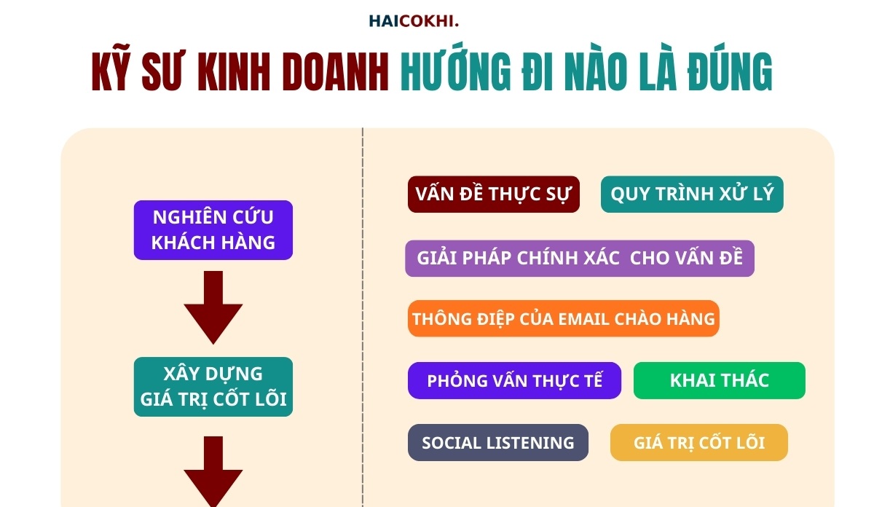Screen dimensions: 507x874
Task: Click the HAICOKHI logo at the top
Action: [x=414, y=21]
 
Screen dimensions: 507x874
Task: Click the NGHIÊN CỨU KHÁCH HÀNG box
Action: [x=213, y=230]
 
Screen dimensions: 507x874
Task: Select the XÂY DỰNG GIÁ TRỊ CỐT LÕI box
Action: [x=213, y=387]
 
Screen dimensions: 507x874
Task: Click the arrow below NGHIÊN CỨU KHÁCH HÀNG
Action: [x=213, y=306]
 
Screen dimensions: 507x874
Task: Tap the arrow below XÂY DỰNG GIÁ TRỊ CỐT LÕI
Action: [x=213, y=470]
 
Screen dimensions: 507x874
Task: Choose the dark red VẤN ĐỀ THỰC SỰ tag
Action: [x=493, y=194]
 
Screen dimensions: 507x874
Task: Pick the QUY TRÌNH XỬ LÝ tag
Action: [x=692, y=194]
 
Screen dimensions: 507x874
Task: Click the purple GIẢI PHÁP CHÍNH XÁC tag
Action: [x=579, y=259]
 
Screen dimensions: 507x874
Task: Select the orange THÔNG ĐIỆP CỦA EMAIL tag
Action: [x=563, y=319]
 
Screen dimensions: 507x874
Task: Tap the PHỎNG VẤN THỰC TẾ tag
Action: [x=514, y=381]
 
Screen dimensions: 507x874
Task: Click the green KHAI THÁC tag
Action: [x=719, y=381]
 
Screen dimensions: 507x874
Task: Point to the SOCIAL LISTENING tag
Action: [x=497, y=443]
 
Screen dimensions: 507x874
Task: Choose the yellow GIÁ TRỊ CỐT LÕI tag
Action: [x=698, y=443]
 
